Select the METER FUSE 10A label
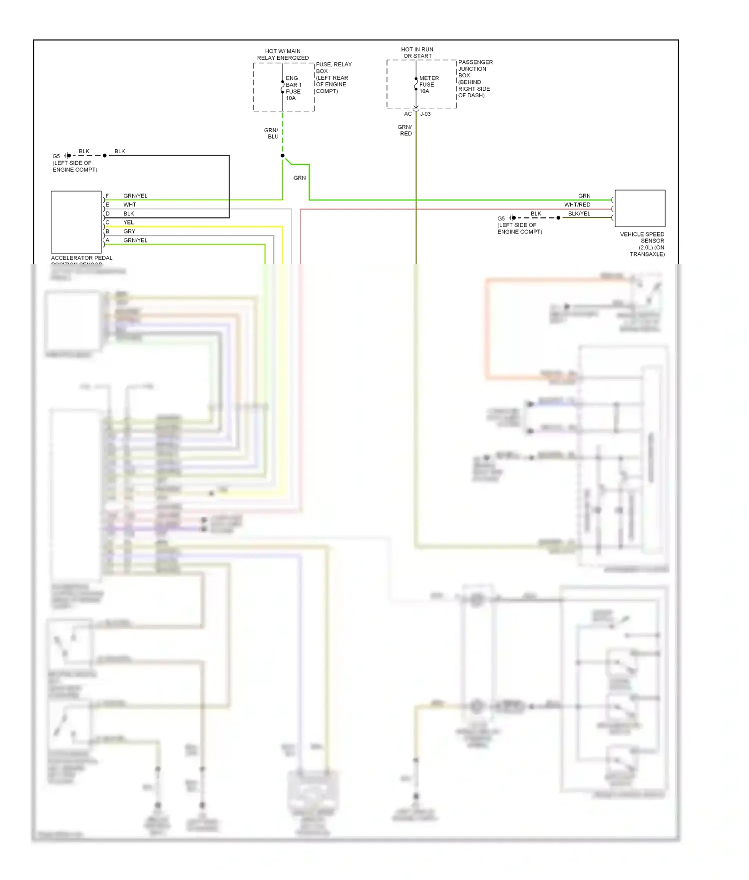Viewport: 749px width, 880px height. pos(428,85)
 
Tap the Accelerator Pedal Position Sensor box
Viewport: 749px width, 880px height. pos(76,222)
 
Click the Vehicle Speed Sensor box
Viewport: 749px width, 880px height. pos(640,209)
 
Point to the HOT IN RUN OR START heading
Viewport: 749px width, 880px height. pos(417,53)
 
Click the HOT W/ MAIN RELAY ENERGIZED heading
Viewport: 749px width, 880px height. pos(283,54)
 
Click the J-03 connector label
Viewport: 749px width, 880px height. pos(425,114)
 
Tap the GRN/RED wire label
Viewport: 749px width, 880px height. pos(405,130)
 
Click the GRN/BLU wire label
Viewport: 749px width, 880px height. pos(272,133)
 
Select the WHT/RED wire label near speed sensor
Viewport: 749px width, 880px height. pos(577,205)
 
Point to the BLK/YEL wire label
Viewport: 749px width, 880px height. pos(579,214)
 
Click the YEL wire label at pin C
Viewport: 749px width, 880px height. pos(128,222)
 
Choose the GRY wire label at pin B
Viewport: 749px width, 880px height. pos(129,231)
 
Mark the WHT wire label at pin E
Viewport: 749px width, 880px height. pos(129,205)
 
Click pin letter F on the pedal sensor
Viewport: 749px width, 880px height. pos(107,196)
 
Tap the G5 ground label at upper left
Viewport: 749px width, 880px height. pos(56,156)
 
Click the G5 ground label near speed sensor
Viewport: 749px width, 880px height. pos(501,219)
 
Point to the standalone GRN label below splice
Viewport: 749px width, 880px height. pos(300,178)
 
